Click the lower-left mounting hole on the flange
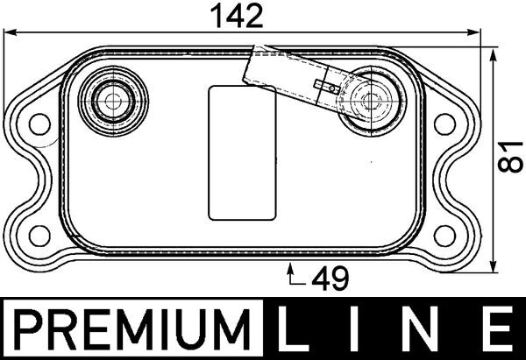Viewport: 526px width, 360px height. click(39, 233)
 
